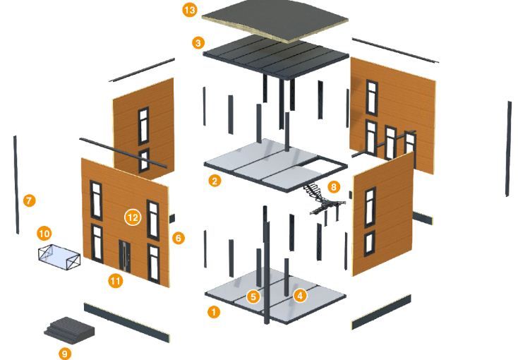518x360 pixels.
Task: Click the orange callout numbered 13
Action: pyautogui.click(x=190, y=10)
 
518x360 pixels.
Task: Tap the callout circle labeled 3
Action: pyautogui.click(x=198, y=42)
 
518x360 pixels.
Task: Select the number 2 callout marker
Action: pyautogui.click(x=215, y=181)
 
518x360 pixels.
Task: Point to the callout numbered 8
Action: pyautogui.click(x=334, y=187)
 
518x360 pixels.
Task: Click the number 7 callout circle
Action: pyautogui.click(x=30, y=200)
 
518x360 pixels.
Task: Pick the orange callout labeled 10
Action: pyautogui.click(x=44, y=234)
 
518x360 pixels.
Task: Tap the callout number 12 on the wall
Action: pyautogui.click(x=133, y=217)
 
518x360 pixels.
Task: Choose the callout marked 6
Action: pyautogui.click(x=179, y=238)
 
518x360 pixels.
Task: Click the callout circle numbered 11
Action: pyautogui.click(x=115, y=282)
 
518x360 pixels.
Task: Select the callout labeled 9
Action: pyautogui.click(x=65, y=354)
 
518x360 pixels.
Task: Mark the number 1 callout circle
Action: pyautogui.click(x=214, y=312)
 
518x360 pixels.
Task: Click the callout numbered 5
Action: pyautogui.click(x=253, y=296)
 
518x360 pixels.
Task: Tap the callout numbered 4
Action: pyautogui.click(x=300, y=295)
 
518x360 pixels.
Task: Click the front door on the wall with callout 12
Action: pyautogui.click(x=124, y=256)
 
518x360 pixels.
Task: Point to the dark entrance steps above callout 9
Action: pyautogui.click(x=69, y=330)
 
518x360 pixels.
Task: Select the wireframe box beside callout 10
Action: pyautogui.click(x=59, y=257)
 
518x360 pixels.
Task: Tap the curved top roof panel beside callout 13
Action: pyautogui.click(x=275, y=20)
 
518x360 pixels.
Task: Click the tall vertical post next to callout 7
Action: pyautogui.click(x=16, y=185)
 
